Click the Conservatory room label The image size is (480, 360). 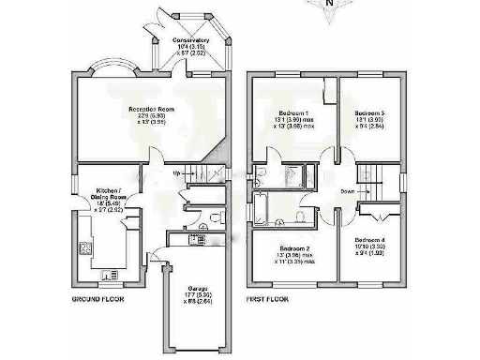coord(190,42)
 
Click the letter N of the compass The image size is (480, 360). coord(328,4)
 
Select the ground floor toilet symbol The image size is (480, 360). coord(216,217)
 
